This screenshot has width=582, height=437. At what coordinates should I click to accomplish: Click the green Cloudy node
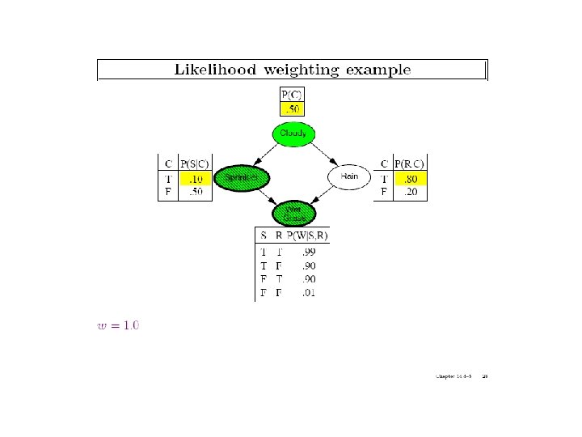[x=292, y=134]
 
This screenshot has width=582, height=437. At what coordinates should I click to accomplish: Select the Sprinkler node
[x=242, y=176]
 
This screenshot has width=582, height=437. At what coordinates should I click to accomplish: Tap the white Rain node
[x=348, y=176]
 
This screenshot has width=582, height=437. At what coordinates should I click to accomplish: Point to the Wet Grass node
[x=293, y=213]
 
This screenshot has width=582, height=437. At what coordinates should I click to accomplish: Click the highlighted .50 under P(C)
[x=292, y=108]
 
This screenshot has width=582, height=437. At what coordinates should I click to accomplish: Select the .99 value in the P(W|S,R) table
[x=309, y=252]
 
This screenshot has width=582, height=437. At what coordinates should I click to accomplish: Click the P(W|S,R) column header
[x=310, y=235]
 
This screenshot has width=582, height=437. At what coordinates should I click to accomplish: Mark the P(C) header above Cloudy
[x=292, y=94]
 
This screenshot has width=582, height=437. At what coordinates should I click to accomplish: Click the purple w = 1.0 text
[x=118, y=326]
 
